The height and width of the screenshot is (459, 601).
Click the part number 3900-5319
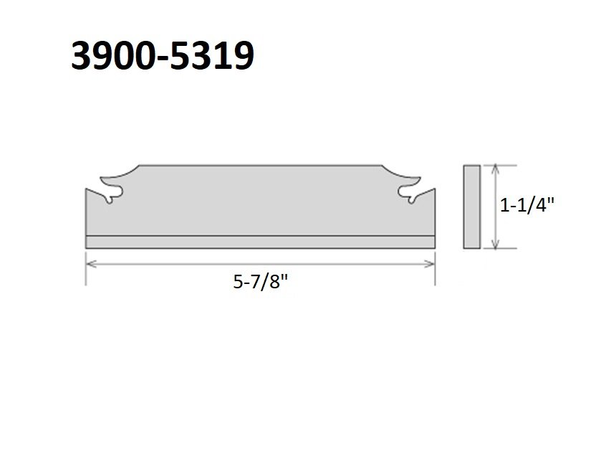163,56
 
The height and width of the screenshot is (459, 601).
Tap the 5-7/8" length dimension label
260,283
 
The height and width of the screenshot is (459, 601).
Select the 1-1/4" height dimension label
527,205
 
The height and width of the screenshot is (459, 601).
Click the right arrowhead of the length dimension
430,264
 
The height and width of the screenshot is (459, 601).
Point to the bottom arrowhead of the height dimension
496,244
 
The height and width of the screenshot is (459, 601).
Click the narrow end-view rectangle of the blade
472,207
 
